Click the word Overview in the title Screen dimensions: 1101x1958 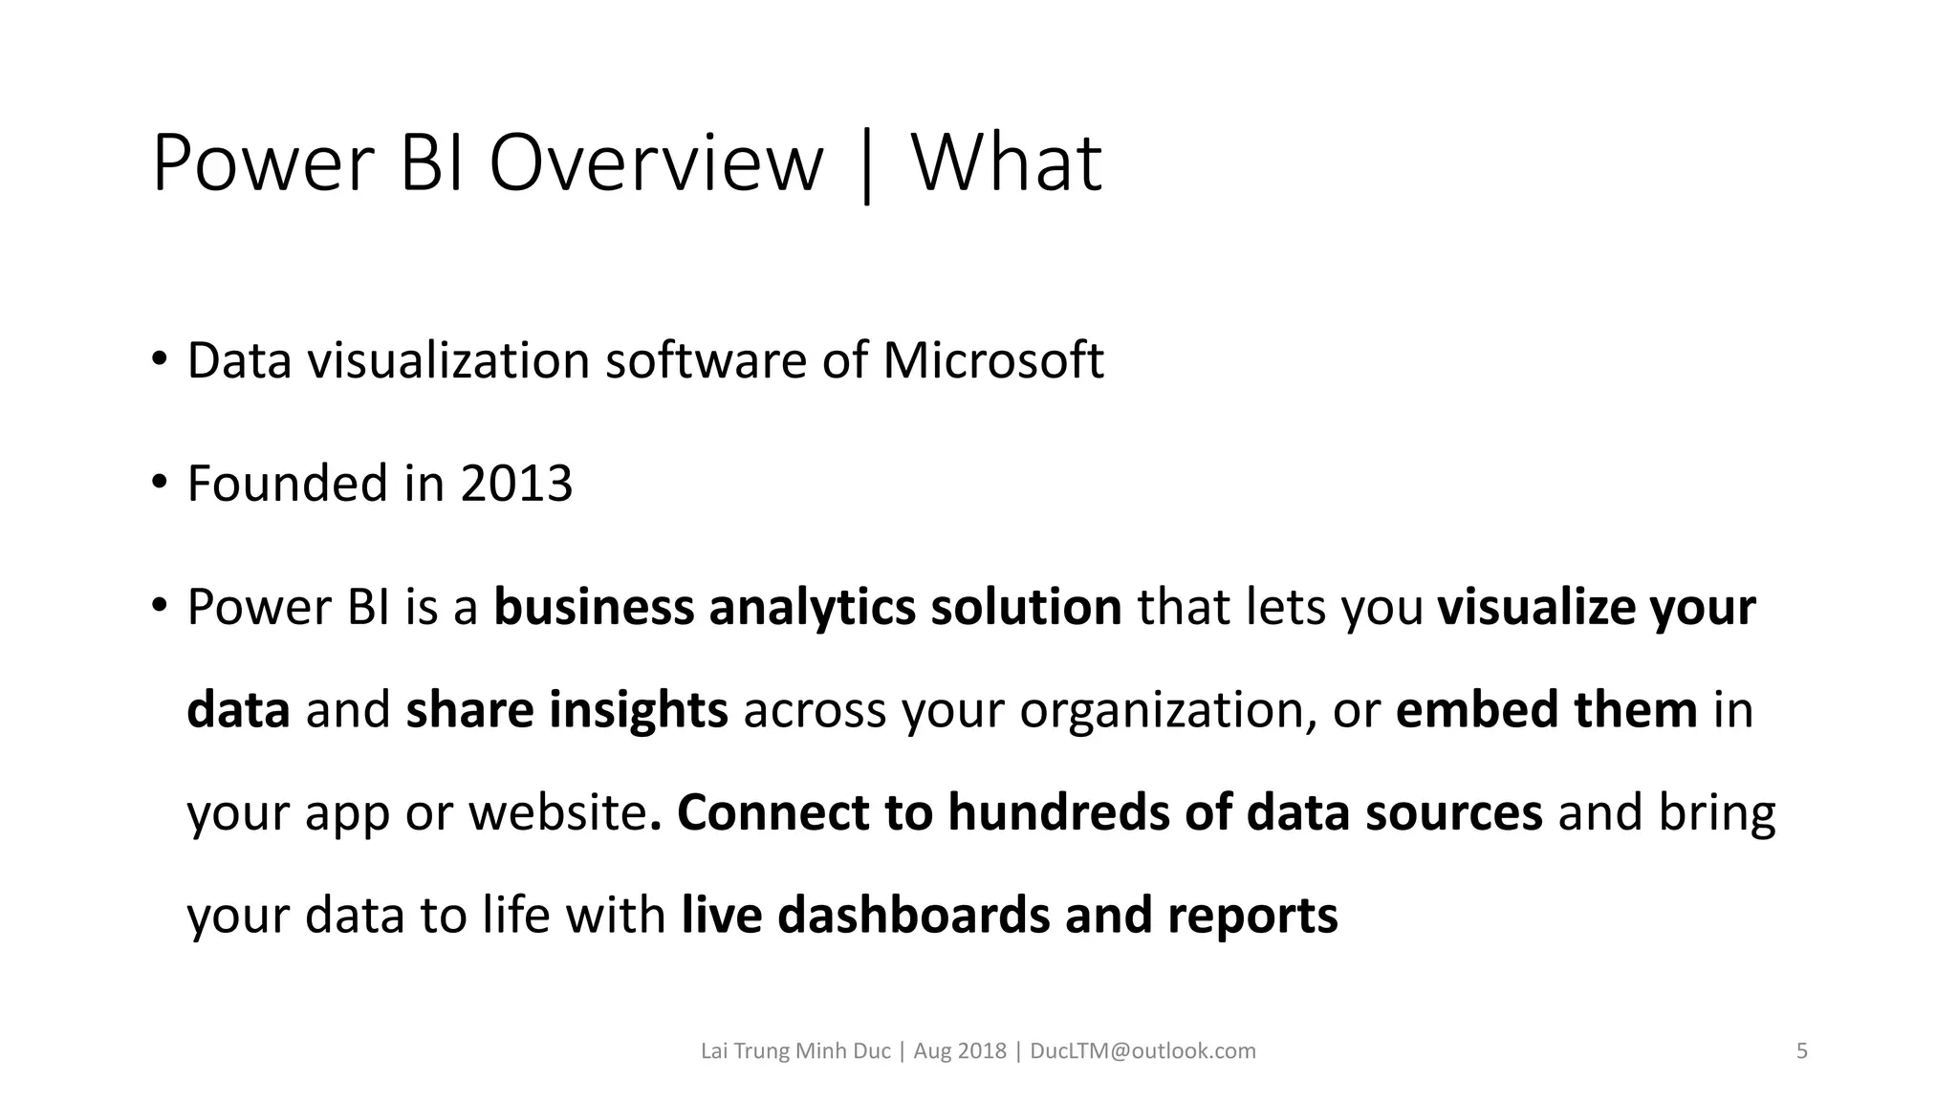click(x=656, y=163)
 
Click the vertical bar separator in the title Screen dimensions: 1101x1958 click(x=867, y=167)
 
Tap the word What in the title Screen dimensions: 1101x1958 click(x=1007, y=163)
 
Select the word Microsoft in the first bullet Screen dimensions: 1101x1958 click(x=992, y=361)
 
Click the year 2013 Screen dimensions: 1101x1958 click(x=516, y=484)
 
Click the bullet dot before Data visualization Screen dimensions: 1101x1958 click(x=159, y=361)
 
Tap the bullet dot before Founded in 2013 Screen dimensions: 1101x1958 click(x=159, y=484)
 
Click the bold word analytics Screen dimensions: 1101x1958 click(x=812, y=608)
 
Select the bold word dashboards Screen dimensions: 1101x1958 click(x=913, y=916)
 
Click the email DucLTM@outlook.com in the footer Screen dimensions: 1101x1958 click(x=1142, y=1051)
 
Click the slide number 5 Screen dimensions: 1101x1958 click(x=1802, y=1051)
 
